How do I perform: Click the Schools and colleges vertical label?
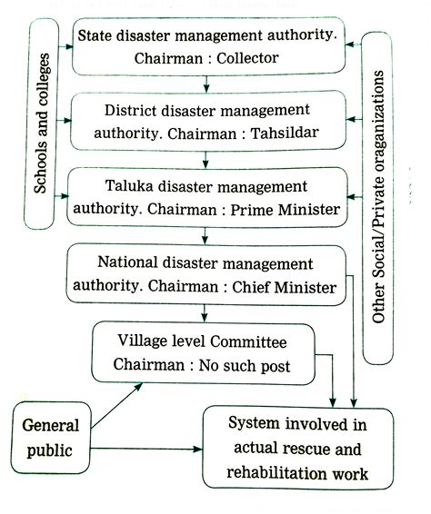click(x=42, y=124)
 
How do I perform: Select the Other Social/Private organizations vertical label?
click(x=379, y=199)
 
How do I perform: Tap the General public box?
click(x=50, y=437)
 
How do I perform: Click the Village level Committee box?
click(x=203, y=353)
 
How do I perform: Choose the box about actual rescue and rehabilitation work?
click(x=298, y=449)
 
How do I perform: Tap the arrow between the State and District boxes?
click(x=208, y=84)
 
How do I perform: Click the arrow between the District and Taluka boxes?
click(x=208, y=159)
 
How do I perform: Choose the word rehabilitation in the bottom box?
click(x=274, y=472)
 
